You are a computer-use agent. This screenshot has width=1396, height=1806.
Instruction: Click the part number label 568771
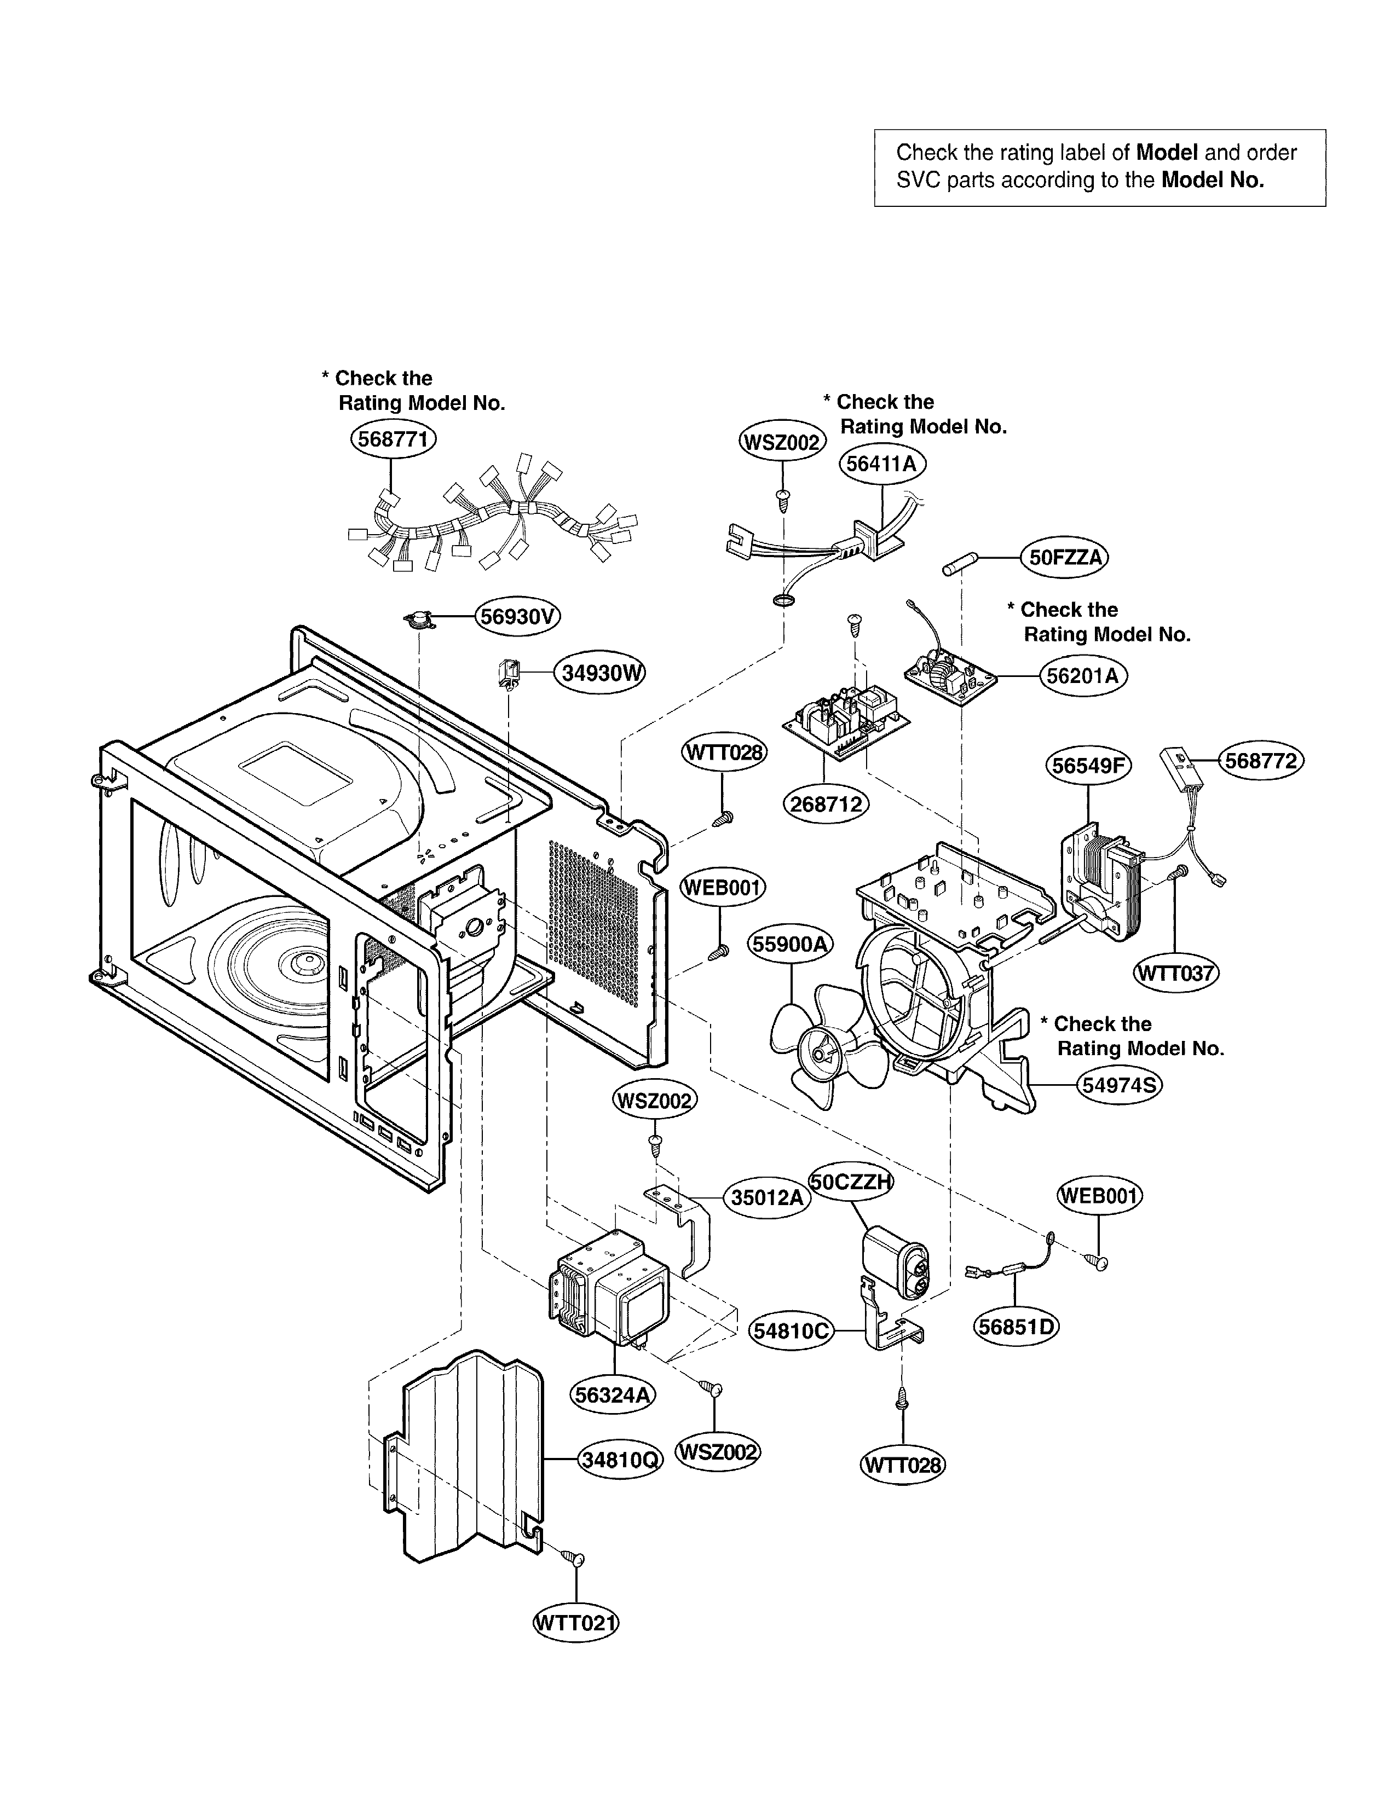pyautogui.click(x=393, y=438)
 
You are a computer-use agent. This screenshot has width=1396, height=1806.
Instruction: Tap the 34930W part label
pyautogui.click(x=599, y=672)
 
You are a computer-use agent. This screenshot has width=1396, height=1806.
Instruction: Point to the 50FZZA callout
pyautogui.click(x=1065, y=557)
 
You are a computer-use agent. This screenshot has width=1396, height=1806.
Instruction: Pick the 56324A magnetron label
pyautogui.click(x=613, y=1395)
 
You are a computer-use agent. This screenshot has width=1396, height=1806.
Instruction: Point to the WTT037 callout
pyautogui.click(x=1175, y=973)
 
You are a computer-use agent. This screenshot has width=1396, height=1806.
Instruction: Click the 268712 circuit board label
pyautogui.click(x=826, y=804)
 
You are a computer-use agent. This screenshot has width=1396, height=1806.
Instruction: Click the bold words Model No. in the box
pyautogui.click(x=1213, y=180)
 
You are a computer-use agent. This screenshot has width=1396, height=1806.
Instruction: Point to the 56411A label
pyautogui.click(x=882, y=464)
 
